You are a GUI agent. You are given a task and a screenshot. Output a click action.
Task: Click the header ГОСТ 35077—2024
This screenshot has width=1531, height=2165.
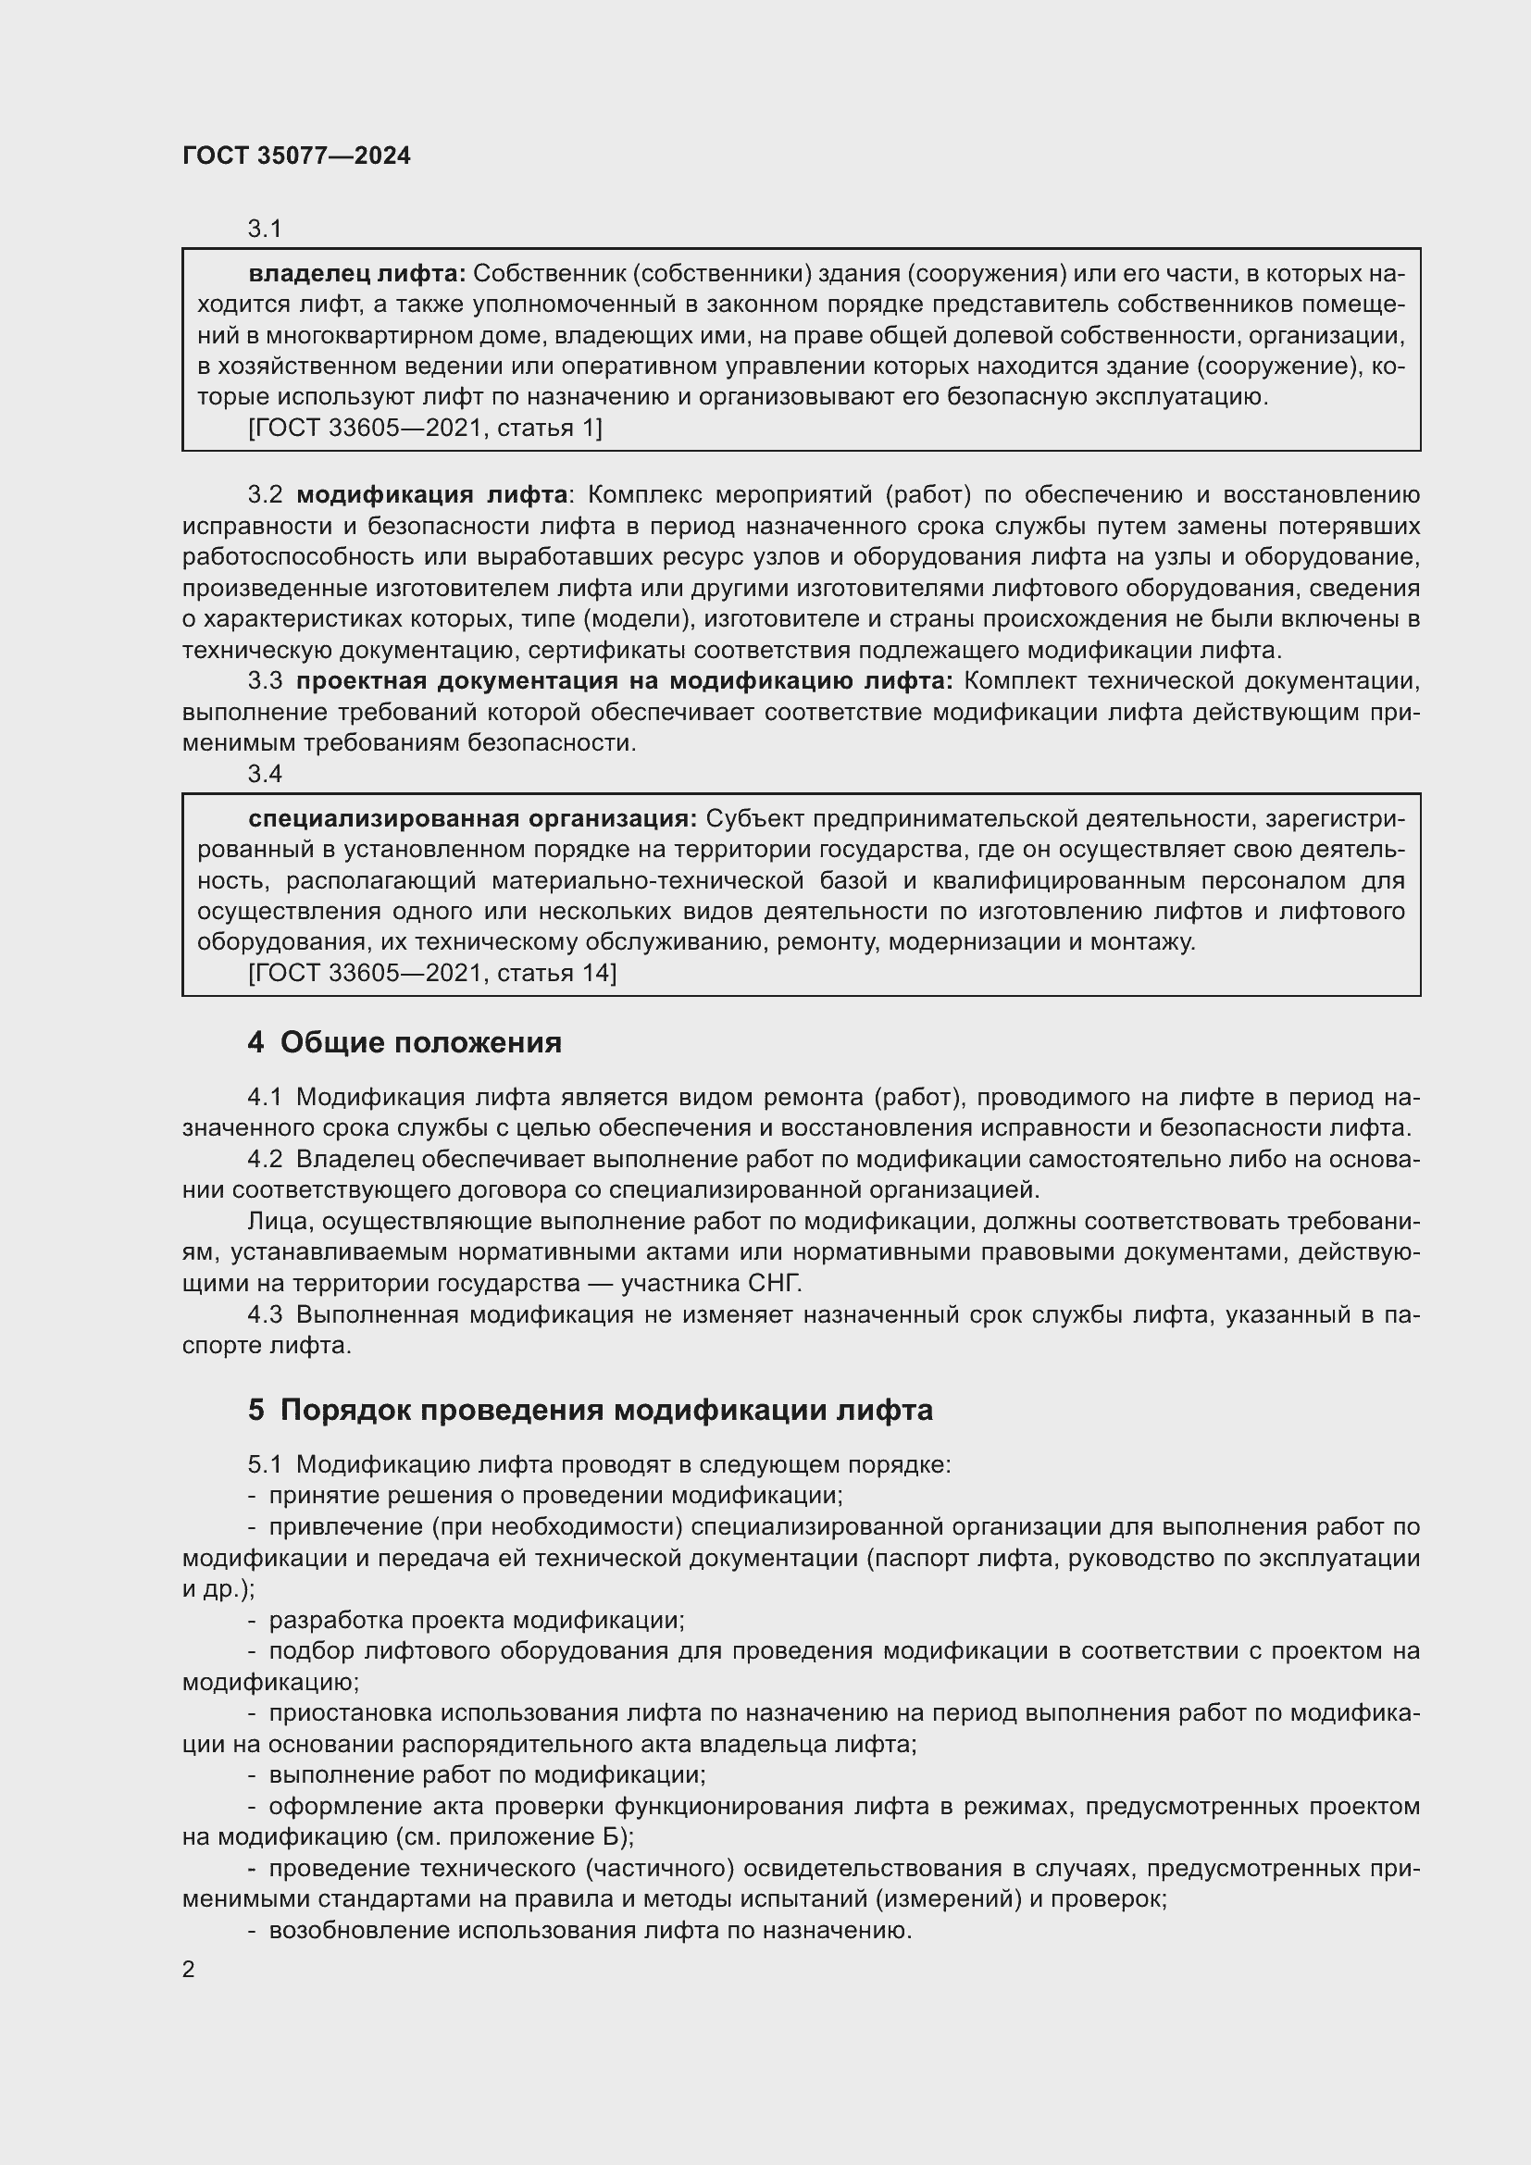tap(296, 156)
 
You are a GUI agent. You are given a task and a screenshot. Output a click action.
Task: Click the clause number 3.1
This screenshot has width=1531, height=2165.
tap(265, 229)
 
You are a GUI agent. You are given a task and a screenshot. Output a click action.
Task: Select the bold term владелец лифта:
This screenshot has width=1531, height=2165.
tap(356, 274)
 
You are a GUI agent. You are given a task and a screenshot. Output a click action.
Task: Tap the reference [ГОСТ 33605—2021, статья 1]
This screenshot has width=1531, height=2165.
tap(424, 429)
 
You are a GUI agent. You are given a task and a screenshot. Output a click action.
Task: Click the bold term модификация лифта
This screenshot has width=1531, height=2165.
tap(431, 495)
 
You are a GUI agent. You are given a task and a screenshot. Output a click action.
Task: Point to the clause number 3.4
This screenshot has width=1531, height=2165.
tap(265, 773)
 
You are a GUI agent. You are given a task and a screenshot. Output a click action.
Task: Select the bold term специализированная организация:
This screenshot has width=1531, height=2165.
tap(471, 818)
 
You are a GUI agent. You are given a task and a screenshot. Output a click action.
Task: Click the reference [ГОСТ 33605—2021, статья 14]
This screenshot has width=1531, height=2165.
tap(431, 972)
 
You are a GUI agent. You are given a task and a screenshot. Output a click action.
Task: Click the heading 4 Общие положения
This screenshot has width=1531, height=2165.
tap(405, 1043)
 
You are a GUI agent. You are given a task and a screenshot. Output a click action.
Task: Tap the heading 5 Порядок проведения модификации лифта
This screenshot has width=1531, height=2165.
tap(591, 1410)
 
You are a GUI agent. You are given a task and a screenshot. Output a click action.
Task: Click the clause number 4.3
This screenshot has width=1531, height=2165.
tap(265, 1314)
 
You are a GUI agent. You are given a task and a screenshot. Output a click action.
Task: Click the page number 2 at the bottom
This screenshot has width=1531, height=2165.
tap(189, 1969)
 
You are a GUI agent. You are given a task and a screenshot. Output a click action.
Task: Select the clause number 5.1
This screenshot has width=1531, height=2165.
tap(265, 1464)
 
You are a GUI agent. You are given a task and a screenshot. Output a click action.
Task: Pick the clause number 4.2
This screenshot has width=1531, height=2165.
tap(265, 1159)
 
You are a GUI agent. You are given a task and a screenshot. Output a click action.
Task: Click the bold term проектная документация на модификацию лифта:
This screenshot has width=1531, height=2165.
tap(624, 681)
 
